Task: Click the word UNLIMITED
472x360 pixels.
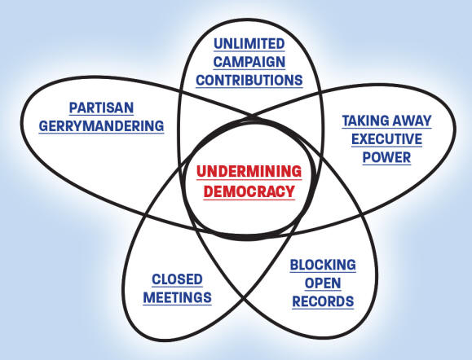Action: point(249,44)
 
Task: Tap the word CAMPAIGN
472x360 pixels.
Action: point(249,62)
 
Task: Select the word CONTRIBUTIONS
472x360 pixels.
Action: point(249,81)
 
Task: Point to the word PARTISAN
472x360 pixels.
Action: point(101,108)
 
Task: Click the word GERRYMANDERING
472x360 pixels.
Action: point(101,126)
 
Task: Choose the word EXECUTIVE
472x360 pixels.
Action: point(386,139)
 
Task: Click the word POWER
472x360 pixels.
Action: point(386,157)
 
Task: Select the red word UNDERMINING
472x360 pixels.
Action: point(249,171)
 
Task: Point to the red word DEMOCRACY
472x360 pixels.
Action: point(249,191)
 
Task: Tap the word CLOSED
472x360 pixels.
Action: point(177,279)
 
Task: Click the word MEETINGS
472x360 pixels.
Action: point(177,298)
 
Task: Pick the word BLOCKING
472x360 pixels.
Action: point(323,265)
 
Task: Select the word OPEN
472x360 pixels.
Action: point(323,283)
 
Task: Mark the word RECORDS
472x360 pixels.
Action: point(323,301)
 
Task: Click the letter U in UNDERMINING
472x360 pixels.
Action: point(201,171)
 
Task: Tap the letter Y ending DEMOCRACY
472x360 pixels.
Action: point(289,191)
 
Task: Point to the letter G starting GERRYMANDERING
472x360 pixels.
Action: point(44,126)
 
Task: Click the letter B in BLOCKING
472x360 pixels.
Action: point(294,265)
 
